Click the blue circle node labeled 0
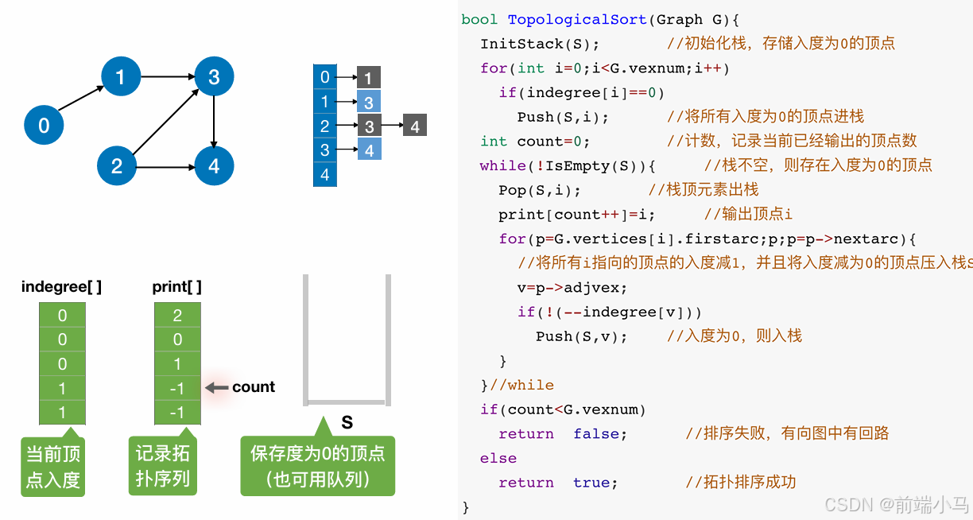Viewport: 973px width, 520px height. click(44, 125)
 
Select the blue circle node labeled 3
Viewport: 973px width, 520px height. click(214, 77)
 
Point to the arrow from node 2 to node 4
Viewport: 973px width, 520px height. click(165, 167)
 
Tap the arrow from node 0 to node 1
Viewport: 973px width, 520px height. click(82, 100)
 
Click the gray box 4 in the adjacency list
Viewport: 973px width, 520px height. click(414, 126)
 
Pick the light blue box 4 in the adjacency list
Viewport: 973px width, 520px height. click(369, 150)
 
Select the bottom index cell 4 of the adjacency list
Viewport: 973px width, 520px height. click(324, 174)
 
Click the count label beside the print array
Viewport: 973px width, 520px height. click(254, 387)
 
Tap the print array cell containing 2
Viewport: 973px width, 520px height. click(177, 316)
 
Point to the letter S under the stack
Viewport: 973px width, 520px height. click(347, 421)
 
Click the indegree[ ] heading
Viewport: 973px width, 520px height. click(61, 286)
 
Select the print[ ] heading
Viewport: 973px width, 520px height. click(176, 286)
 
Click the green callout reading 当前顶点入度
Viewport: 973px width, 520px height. click(53, 467)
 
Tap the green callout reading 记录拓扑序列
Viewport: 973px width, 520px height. click(162, 467)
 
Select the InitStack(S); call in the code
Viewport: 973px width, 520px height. click(540, 44)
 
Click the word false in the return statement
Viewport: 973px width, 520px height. click(600, 434)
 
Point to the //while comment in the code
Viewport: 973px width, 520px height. click(522, 385)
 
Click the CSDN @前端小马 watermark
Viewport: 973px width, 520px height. click(896, 504)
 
